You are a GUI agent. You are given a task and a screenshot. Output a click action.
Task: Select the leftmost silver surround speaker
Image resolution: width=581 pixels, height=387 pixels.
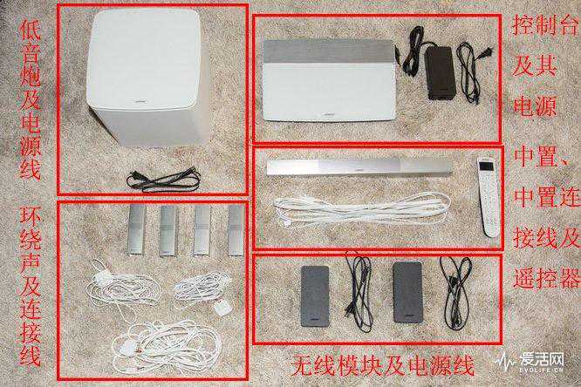(136, 231)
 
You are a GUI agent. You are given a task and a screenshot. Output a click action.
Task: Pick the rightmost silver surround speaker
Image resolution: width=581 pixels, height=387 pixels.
(236, 231)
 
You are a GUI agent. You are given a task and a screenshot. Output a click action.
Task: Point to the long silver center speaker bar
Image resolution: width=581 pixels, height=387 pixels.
(359, 167)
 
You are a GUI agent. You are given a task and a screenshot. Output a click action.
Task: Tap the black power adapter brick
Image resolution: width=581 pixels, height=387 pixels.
(440, 74)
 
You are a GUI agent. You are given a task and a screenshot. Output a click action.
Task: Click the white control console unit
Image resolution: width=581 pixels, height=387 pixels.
(329, 79)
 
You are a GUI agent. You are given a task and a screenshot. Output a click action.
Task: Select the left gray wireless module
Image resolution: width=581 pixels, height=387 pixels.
(315, 295)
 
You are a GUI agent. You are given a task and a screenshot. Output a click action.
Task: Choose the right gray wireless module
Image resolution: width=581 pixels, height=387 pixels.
(408, 292)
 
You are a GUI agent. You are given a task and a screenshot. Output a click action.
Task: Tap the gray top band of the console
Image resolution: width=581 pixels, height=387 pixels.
(328, 51)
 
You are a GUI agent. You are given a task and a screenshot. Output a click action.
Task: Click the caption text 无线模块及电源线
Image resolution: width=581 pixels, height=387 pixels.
(382, 365)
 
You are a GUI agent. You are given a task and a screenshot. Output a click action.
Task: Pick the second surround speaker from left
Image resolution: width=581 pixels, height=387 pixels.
(169, 231)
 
